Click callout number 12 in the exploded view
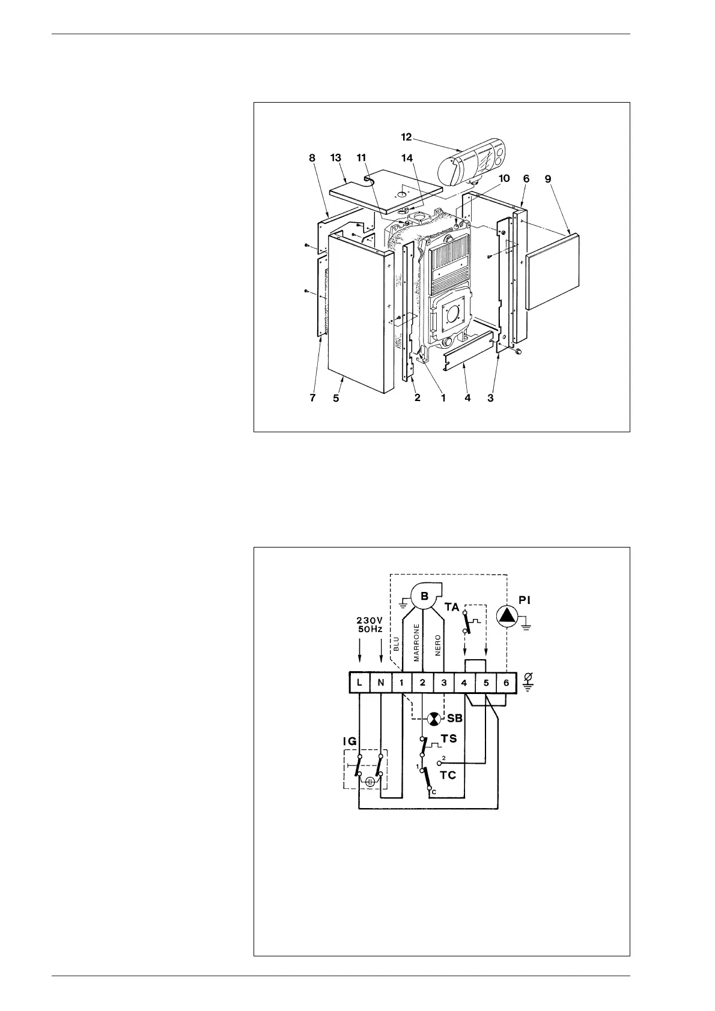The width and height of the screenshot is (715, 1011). (x=407, y=137)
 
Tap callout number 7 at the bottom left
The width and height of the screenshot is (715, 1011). (x=313, y=398)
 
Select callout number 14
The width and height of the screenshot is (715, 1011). (x=408, y=158)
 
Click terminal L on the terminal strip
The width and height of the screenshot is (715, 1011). (x=359, y=683)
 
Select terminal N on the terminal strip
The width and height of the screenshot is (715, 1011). (x=381, y=683)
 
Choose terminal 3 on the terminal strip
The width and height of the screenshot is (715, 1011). (x=444, y=683)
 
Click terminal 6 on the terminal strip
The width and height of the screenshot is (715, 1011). (x=507, y=683)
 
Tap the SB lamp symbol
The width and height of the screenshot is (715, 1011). (x=433, y=719)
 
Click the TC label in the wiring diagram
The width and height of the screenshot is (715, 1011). (x=448, y=775)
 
